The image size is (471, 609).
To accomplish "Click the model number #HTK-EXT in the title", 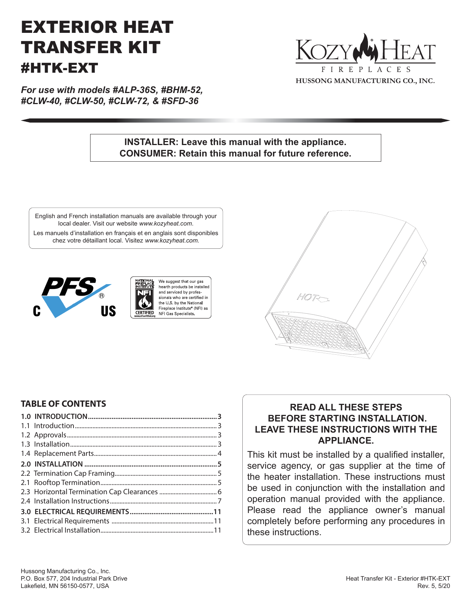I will click(x=59, y=68).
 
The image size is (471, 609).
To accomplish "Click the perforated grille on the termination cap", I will click(x=317, y=332).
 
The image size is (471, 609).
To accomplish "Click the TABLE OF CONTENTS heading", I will click(x=63, y=404).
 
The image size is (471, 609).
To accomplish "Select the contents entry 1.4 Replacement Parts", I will click(x=64, y=454).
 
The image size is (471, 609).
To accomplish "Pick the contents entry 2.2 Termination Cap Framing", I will click(x=74, y=474).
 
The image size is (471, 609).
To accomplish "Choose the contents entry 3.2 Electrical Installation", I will click(x=67, y=530).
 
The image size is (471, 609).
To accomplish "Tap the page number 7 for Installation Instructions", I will click(x=219, y=501).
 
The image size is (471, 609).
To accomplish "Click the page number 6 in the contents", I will click(x=219, y=492).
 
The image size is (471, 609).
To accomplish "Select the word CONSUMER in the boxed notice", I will click(x=146, y=154).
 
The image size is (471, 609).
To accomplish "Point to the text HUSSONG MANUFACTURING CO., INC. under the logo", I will click(x=365, y=81).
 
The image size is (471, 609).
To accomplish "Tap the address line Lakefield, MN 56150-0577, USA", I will click(x=65, y=586).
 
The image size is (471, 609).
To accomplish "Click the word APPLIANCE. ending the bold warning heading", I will click(x=346, y=441).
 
